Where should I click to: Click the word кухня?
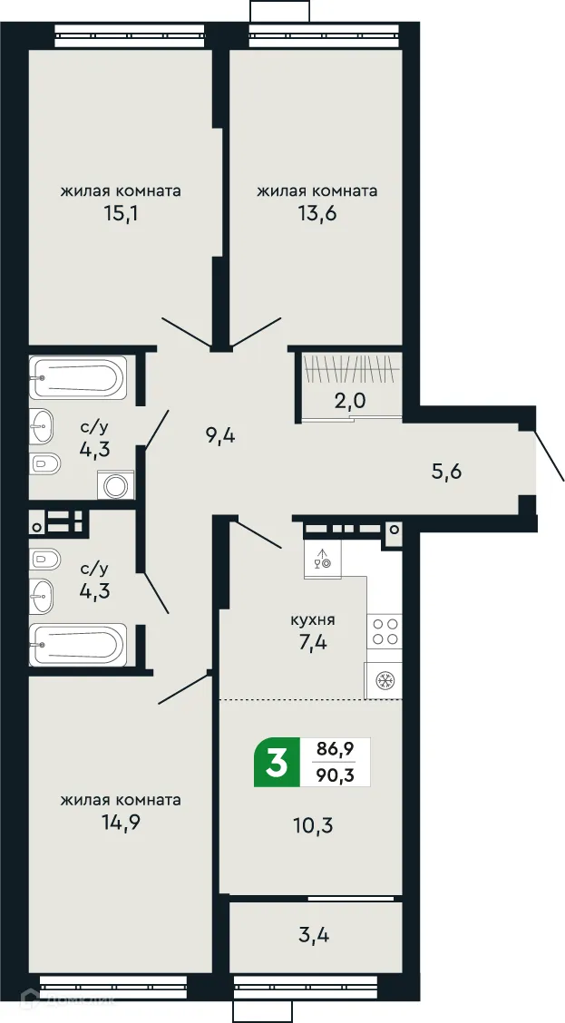[313, 620]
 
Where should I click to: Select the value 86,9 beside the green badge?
[335, 750]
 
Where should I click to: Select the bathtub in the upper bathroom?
[77, 377]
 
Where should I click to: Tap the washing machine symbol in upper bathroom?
[116, 485]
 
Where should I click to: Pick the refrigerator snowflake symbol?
[384, 680]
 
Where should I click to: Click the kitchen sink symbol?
[322, 560]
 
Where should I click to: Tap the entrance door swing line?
[550, 456]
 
